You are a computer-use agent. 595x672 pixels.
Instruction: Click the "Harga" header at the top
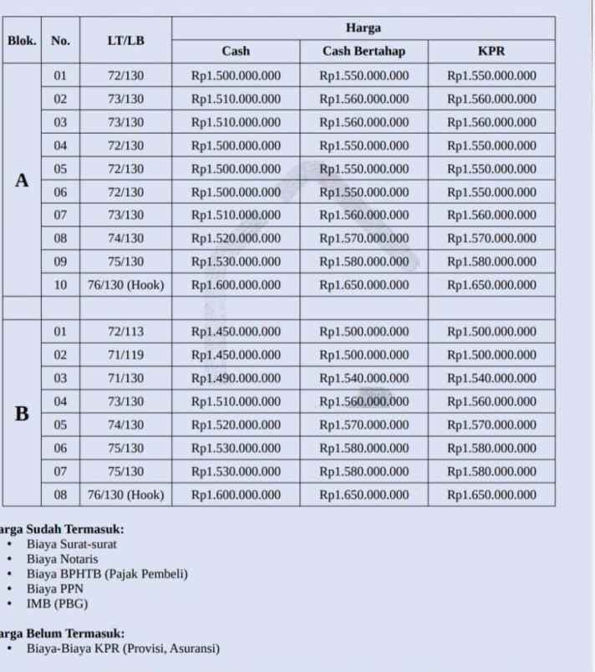tap(364, 28)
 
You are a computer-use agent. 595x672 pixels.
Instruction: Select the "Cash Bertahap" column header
tap(364, 51)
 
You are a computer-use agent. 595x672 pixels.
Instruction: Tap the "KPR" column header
tap(491, 51)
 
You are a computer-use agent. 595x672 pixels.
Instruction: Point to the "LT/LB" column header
tap(125, 40)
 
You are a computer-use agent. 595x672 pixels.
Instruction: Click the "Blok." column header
tap(22, 40)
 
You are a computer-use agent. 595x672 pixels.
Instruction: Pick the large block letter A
tap(22, 181)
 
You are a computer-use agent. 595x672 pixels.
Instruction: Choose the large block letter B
tap(22, 413)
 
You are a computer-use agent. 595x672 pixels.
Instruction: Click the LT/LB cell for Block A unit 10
tap(125, 285)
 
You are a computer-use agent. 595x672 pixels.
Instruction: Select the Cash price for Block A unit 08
tap(236, 238)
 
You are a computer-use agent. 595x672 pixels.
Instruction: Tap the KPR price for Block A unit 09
tap(491, 262)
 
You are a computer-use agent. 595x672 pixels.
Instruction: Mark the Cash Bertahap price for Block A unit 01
tap(364, 75)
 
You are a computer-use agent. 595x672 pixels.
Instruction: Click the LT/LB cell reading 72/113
tap(125, 332)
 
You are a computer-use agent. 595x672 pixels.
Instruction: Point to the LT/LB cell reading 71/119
tap(125, 354)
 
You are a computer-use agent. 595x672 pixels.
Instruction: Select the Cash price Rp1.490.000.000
tap(236, 378)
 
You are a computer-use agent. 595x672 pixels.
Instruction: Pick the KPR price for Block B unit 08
tap(491, 495)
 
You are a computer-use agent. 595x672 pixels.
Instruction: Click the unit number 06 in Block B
tap(60, 448)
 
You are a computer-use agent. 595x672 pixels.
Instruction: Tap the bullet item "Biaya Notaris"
tap(62, 558)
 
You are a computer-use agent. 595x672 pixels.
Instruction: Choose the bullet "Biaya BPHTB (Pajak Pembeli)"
tap(107, 573)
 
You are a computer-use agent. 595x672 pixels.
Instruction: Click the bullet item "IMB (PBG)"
tap(57, 603)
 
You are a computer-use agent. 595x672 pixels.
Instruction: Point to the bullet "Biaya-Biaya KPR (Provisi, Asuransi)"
tap(123, 648)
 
